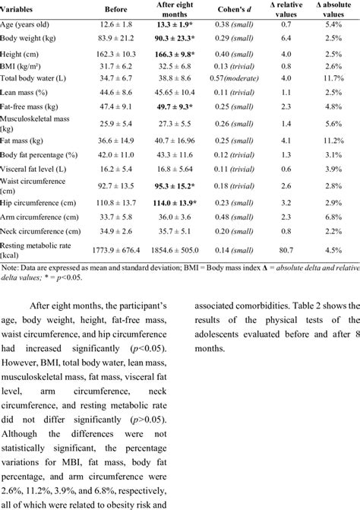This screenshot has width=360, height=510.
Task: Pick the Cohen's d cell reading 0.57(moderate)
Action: tap(238, 78)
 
